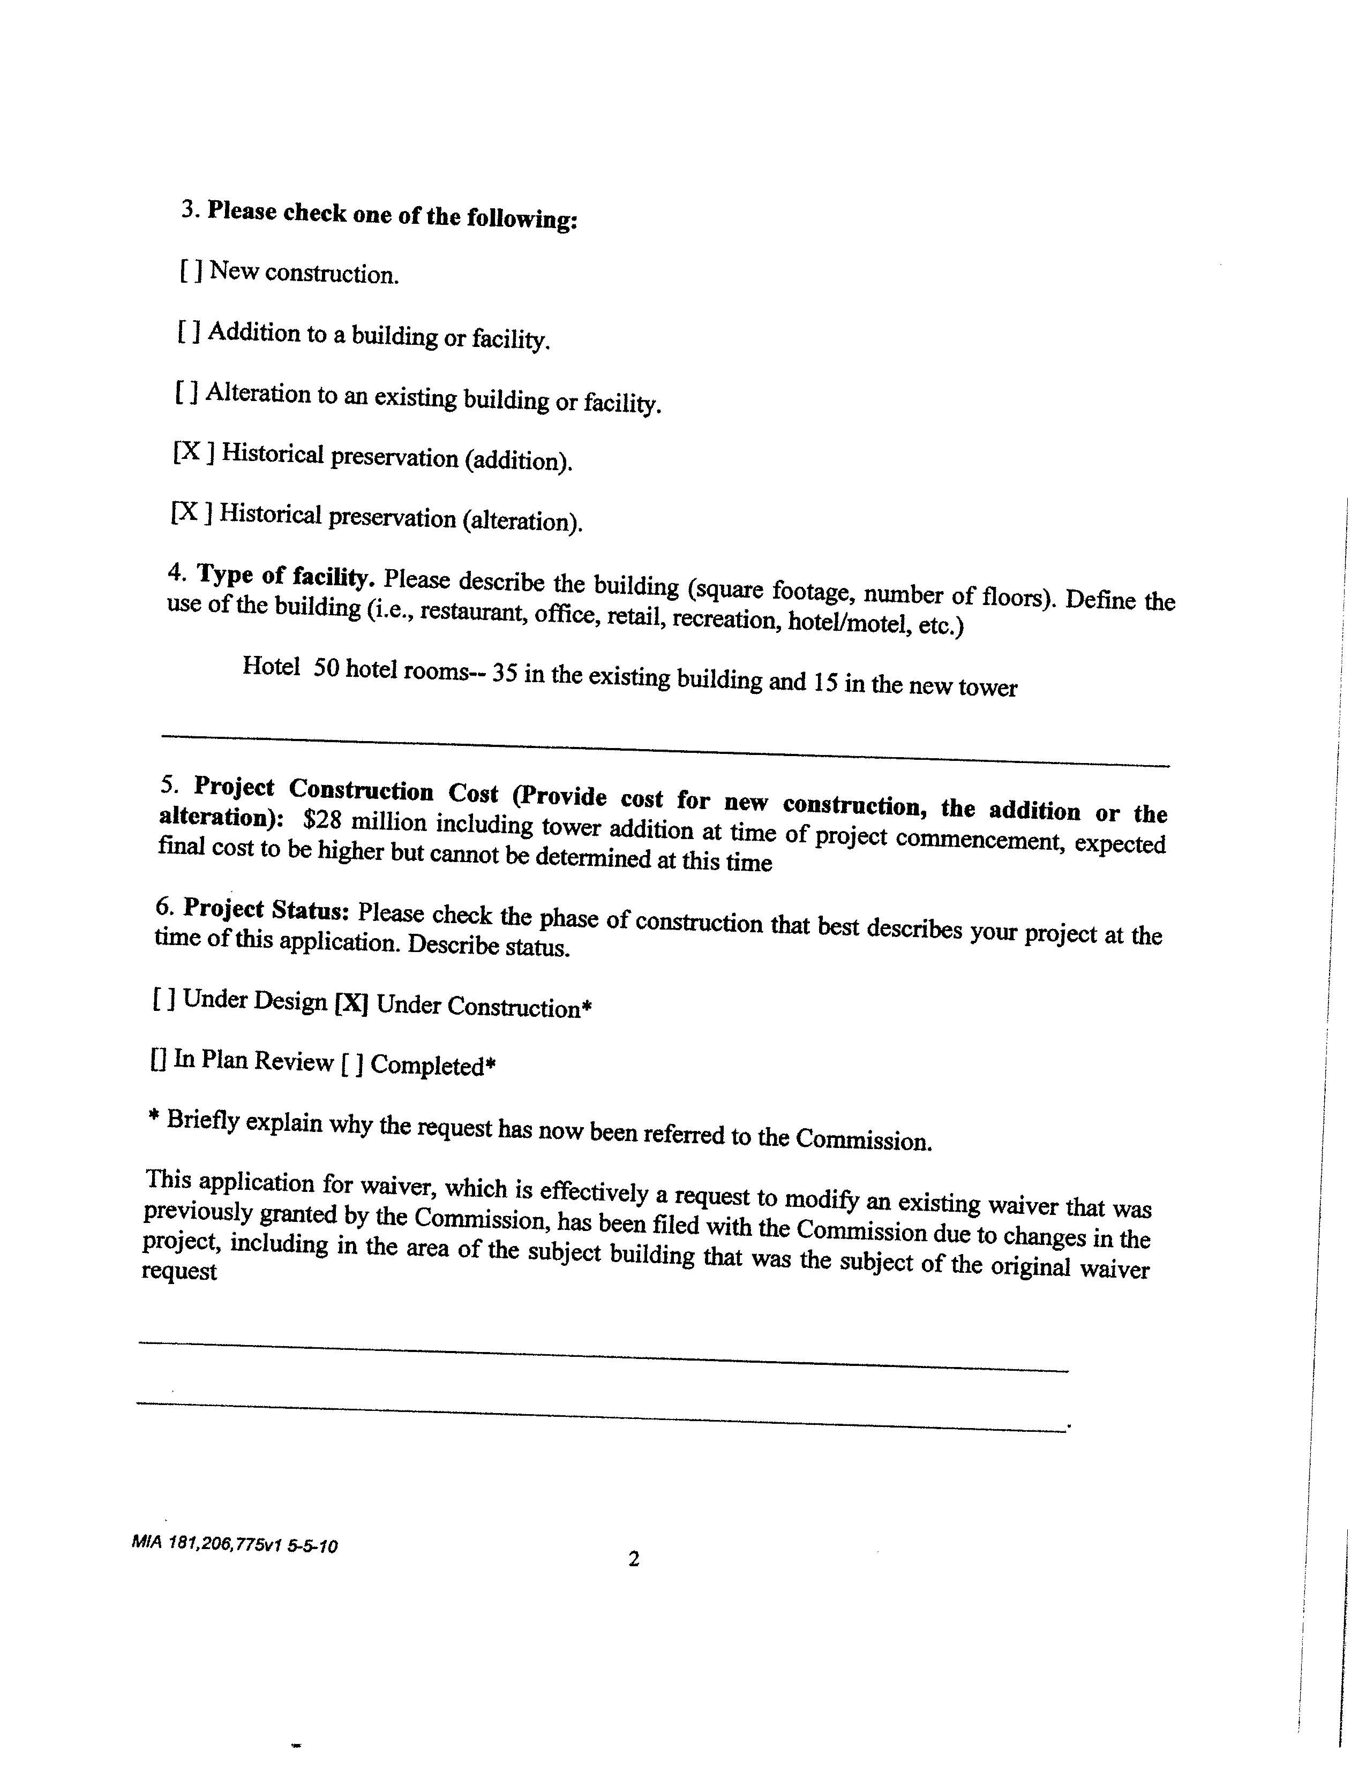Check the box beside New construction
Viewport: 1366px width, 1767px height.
(191, 270)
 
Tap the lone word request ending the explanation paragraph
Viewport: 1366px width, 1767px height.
(179, 1271)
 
